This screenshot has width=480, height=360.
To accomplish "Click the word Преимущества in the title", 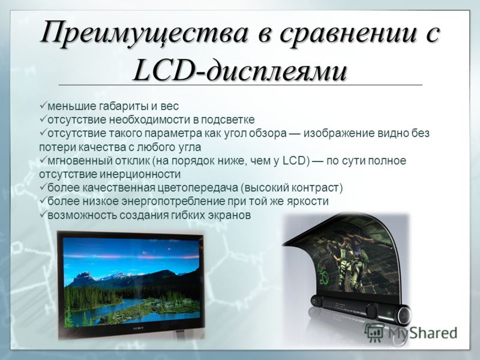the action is [144, 33].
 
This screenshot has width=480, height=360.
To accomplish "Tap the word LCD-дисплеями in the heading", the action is [241, 71].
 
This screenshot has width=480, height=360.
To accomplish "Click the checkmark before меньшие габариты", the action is [43, 106].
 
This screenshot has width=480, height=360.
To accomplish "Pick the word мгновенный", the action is [80, 161].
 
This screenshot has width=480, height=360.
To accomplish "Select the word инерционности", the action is [140, 175].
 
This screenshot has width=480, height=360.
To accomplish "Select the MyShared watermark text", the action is [422, 333].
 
